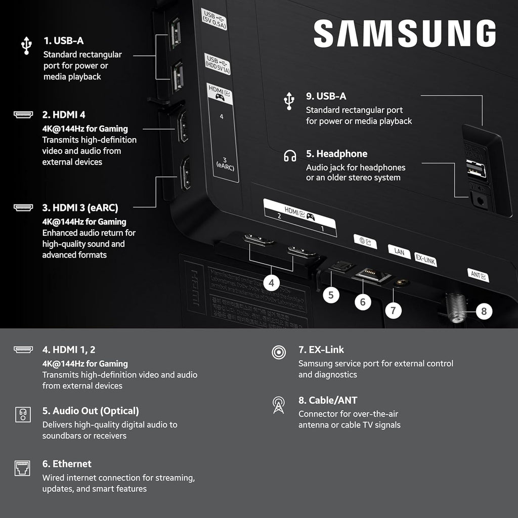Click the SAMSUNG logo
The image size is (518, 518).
pos(404,34)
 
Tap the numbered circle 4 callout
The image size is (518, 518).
pos(272,283)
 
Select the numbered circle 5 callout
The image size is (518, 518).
pos(331,294)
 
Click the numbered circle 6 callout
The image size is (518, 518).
pos(363,302)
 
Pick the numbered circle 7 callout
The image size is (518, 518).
pos(394,310)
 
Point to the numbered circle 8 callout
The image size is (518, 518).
pos(484,311)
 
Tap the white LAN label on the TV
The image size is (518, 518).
pos(399,251)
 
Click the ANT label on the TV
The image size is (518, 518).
pos(478,276)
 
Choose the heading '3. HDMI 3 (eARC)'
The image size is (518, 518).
pos(80,207)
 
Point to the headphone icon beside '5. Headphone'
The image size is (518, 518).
pos(290,155)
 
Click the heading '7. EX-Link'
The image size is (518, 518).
pos(321,350)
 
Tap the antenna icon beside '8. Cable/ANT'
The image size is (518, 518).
pos(278,405)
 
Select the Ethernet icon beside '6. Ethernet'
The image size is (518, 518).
pos(23,468)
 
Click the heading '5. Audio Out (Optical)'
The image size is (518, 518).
pos(91,411)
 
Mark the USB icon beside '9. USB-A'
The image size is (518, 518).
pos(289,101)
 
